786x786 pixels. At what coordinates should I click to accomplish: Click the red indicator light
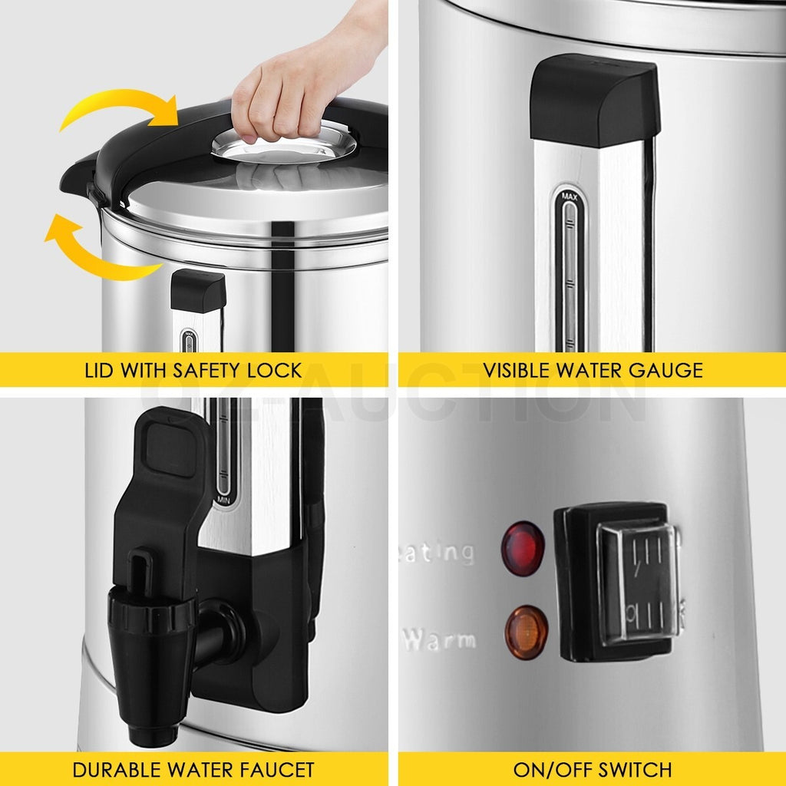point(523,549)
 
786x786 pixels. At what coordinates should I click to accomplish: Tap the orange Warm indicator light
point(526,632)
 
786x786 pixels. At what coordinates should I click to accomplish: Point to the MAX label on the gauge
point(569,197)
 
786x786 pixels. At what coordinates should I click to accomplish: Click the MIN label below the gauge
point(223,500)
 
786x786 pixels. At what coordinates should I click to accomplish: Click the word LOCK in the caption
point(275,370)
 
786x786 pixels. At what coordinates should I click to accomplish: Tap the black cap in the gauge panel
point(595,100)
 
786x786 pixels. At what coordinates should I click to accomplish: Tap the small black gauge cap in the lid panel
point(198,290)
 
